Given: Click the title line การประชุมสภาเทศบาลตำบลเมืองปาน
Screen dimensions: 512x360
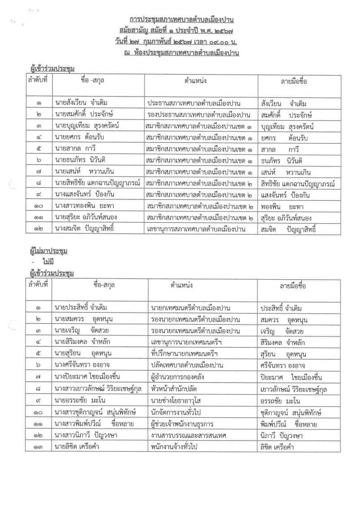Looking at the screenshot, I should pos(182,21).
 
